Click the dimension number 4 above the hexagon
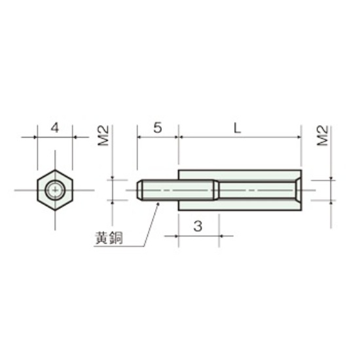[x=55, y=128]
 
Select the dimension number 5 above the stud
[x=158, y=128]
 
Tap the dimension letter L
[x=237, y=128]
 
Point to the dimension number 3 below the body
[x=198, y=226]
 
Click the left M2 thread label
[x=103, y=135]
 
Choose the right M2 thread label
[x=322, y=135]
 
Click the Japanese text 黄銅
[x=109, y=238]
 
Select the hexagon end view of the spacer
[x=55, y=190]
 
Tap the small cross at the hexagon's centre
[x=55, y=190]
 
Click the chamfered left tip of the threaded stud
[x=139, y=190]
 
